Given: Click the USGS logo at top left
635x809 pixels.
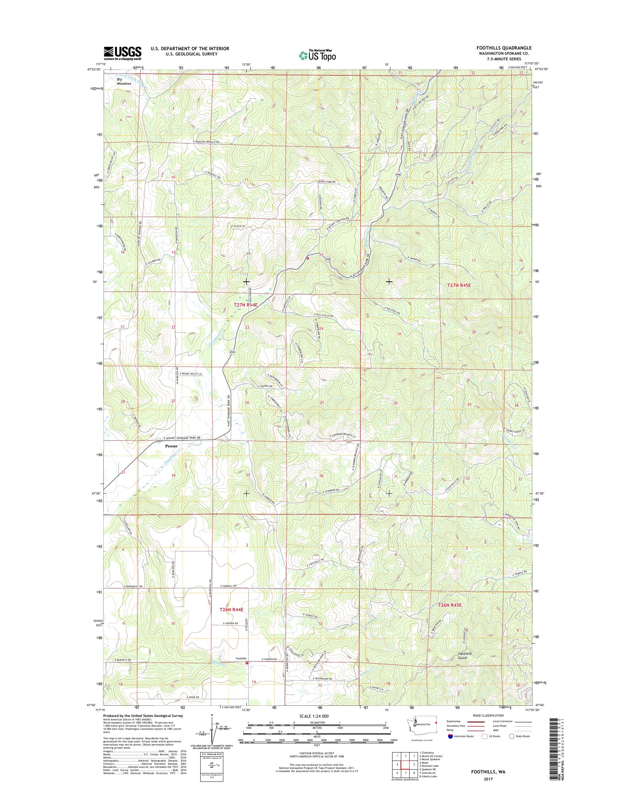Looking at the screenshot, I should pyautogui.click(x=122, y=53).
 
